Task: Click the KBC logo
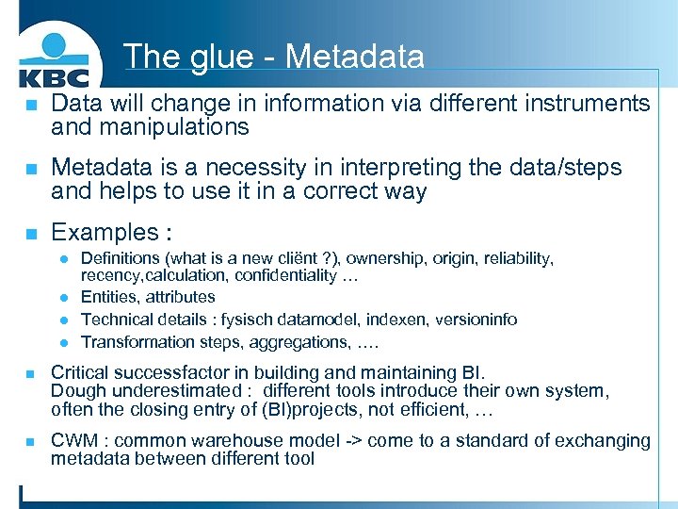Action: point(54,58)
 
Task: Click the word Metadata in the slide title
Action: point(354,57)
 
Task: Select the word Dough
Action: point(76,390)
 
